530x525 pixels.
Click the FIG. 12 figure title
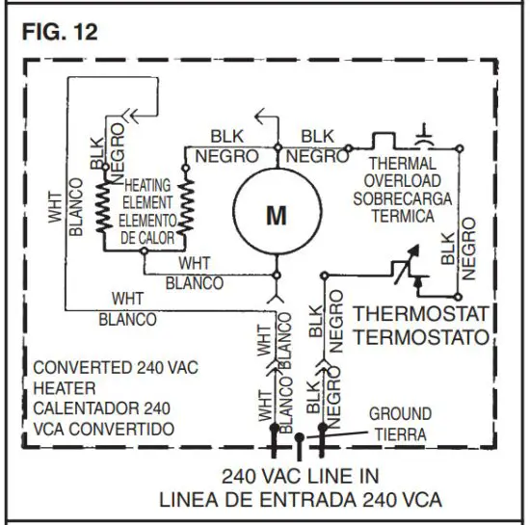point(59,32)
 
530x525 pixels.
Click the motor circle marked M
point(277,216)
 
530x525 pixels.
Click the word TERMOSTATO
point(421,337)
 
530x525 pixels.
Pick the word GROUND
point(400,415)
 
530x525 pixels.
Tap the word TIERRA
point(400,434)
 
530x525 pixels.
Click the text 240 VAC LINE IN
point(300,476)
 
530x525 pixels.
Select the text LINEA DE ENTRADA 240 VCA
point(300,499)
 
